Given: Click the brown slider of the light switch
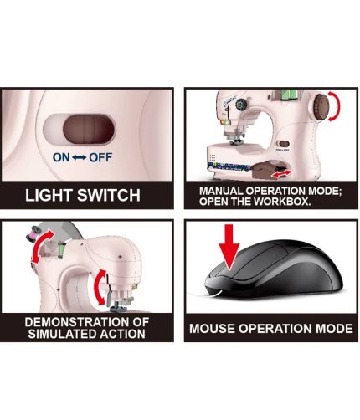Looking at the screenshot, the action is pyautogui.click(x=89, y=130).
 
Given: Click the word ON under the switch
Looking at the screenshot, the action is pyautogui.click(x=61, y=157).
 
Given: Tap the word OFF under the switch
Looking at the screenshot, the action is pyautogui.click(x=100, y=157).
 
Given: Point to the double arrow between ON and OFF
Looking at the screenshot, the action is pyautogui.click(x=80, y=158).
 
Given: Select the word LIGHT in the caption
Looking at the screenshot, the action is pyautogui.click(x=49, y=195).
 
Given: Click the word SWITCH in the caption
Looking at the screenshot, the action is pyautogui.click(x=109, y=195).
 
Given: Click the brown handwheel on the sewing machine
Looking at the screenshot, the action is pyautogui.click(x=321, y=106).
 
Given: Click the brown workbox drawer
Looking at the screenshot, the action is pyautogui.click(x=265, y=170).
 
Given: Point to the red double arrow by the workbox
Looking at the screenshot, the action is pyautogui.click(x=282, y=174).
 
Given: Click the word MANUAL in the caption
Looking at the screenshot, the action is pyautogui.click(x=221, y=191).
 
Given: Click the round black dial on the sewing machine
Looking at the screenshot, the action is pyautogui.click(x=241, y=105).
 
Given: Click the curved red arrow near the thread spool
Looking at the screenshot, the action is pyautogui.click(x=42, y=246).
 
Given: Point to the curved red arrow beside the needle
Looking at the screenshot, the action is pyautogui.click(x=100, y=287).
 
